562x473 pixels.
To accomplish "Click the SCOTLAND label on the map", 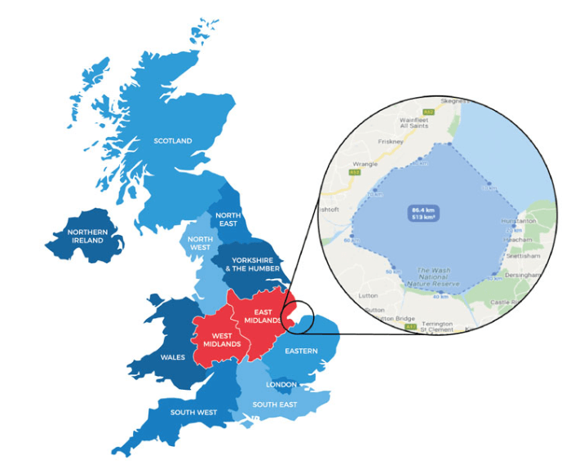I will click(x=173, y=141).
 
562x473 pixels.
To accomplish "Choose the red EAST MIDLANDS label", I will click(x=262, y=316).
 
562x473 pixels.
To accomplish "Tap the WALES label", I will click(x=172, y=357).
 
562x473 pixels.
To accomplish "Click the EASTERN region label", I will click(x=303, y=351).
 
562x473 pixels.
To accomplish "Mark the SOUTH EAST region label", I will click(x=274, y=404).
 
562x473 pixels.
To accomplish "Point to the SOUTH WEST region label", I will click(x=193, y=412).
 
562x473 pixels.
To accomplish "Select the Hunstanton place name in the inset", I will click(x=519, y=220).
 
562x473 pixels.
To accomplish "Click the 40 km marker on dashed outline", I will click(x=442, y=294).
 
